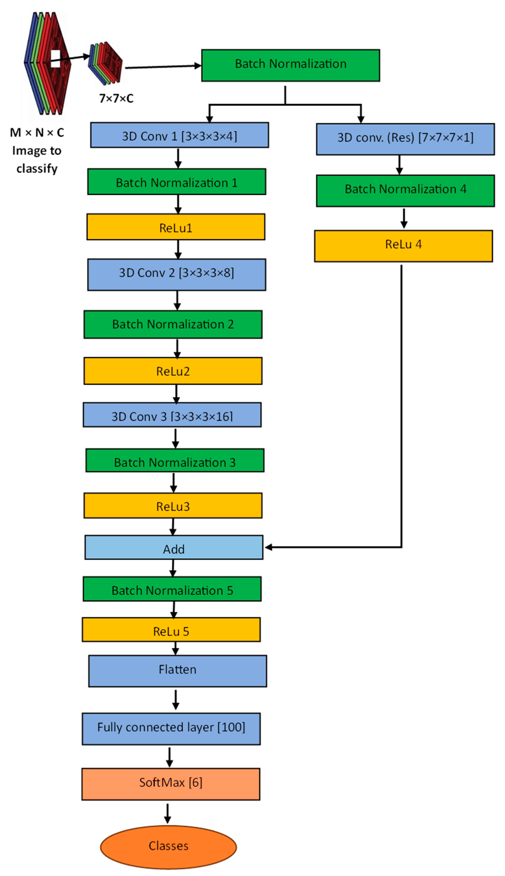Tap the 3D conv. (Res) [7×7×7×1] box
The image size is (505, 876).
[405, 139]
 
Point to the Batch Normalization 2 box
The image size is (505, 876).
[173, 324]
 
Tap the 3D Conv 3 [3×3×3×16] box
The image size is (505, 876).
[172, 415]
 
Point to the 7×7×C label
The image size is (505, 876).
[116, 98]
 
